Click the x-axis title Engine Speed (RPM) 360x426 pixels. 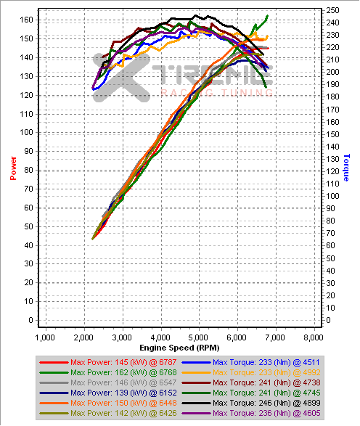[x=179, y=348]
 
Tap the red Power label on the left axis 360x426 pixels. [x=12, y=167]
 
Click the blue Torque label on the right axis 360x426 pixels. [x=347, y=167]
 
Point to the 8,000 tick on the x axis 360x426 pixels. [x=314, y=337]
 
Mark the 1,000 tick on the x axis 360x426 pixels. [x=45, y=337]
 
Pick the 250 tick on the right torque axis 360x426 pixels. [x=332, y=10]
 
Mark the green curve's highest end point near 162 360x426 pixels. [x=267, y=16]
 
